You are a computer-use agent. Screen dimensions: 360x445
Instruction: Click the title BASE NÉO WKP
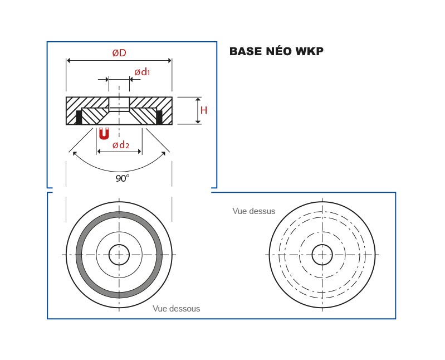tap(276, 51)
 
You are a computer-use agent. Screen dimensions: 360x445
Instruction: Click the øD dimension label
tap(119, 53)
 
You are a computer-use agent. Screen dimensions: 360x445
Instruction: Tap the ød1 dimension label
tap(143, 72)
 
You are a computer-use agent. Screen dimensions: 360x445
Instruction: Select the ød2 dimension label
tap(121, 145)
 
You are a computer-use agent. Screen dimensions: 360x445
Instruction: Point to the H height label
tap(204, 110)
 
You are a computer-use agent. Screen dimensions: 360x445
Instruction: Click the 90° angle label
tap(123, 178)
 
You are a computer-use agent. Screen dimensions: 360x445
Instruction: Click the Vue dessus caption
tap(253, 211)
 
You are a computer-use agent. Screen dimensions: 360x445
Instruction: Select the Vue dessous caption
tap(176, 308)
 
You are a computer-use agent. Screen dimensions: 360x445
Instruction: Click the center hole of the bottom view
tap(119, 255)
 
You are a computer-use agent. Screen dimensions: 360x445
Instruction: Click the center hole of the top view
tap(322, 255)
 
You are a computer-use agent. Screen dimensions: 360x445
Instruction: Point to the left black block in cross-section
tap(79, 117)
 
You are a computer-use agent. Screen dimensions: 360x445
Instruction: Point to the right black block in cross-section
tap(159, 117)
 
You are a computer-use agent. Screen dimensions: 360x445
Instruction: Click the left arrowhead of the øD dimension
tap(69, 60)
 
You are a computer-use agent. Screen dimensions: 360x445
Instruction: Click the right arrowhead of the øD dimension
tap(169, 60)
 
